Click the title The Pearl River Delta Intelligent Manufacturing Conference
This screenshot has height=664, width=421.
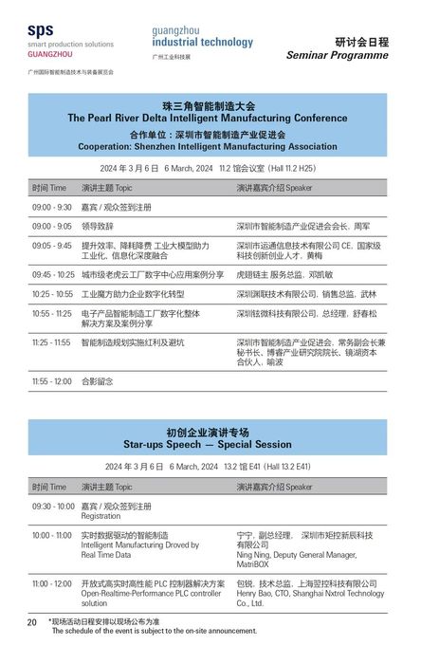[208, 119]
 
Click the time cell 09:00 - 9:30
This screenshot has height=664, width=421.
[51, 207]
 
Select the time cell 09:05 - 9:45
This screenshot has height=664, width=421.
[51, 246]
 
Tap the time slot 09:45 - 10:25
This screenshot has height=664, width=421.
[52, 275]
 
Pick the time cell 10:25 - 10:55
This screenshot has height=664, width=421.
[52, 294]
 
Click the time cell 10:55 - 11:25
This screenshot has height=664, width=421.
[52, 313]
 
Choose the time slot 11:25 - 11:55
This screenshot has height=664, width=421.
[51, 342]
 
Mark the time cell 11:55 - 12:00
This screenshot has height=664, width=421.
[51, 381]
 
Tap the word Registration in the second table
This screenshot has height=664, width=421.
[101, 517]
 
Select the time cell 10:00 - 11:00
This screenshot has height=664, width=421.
[51, 535]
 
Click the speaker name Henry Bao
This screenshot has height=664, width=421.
[256, 593]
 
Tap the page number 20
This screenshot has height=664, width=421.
[31, 622]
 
